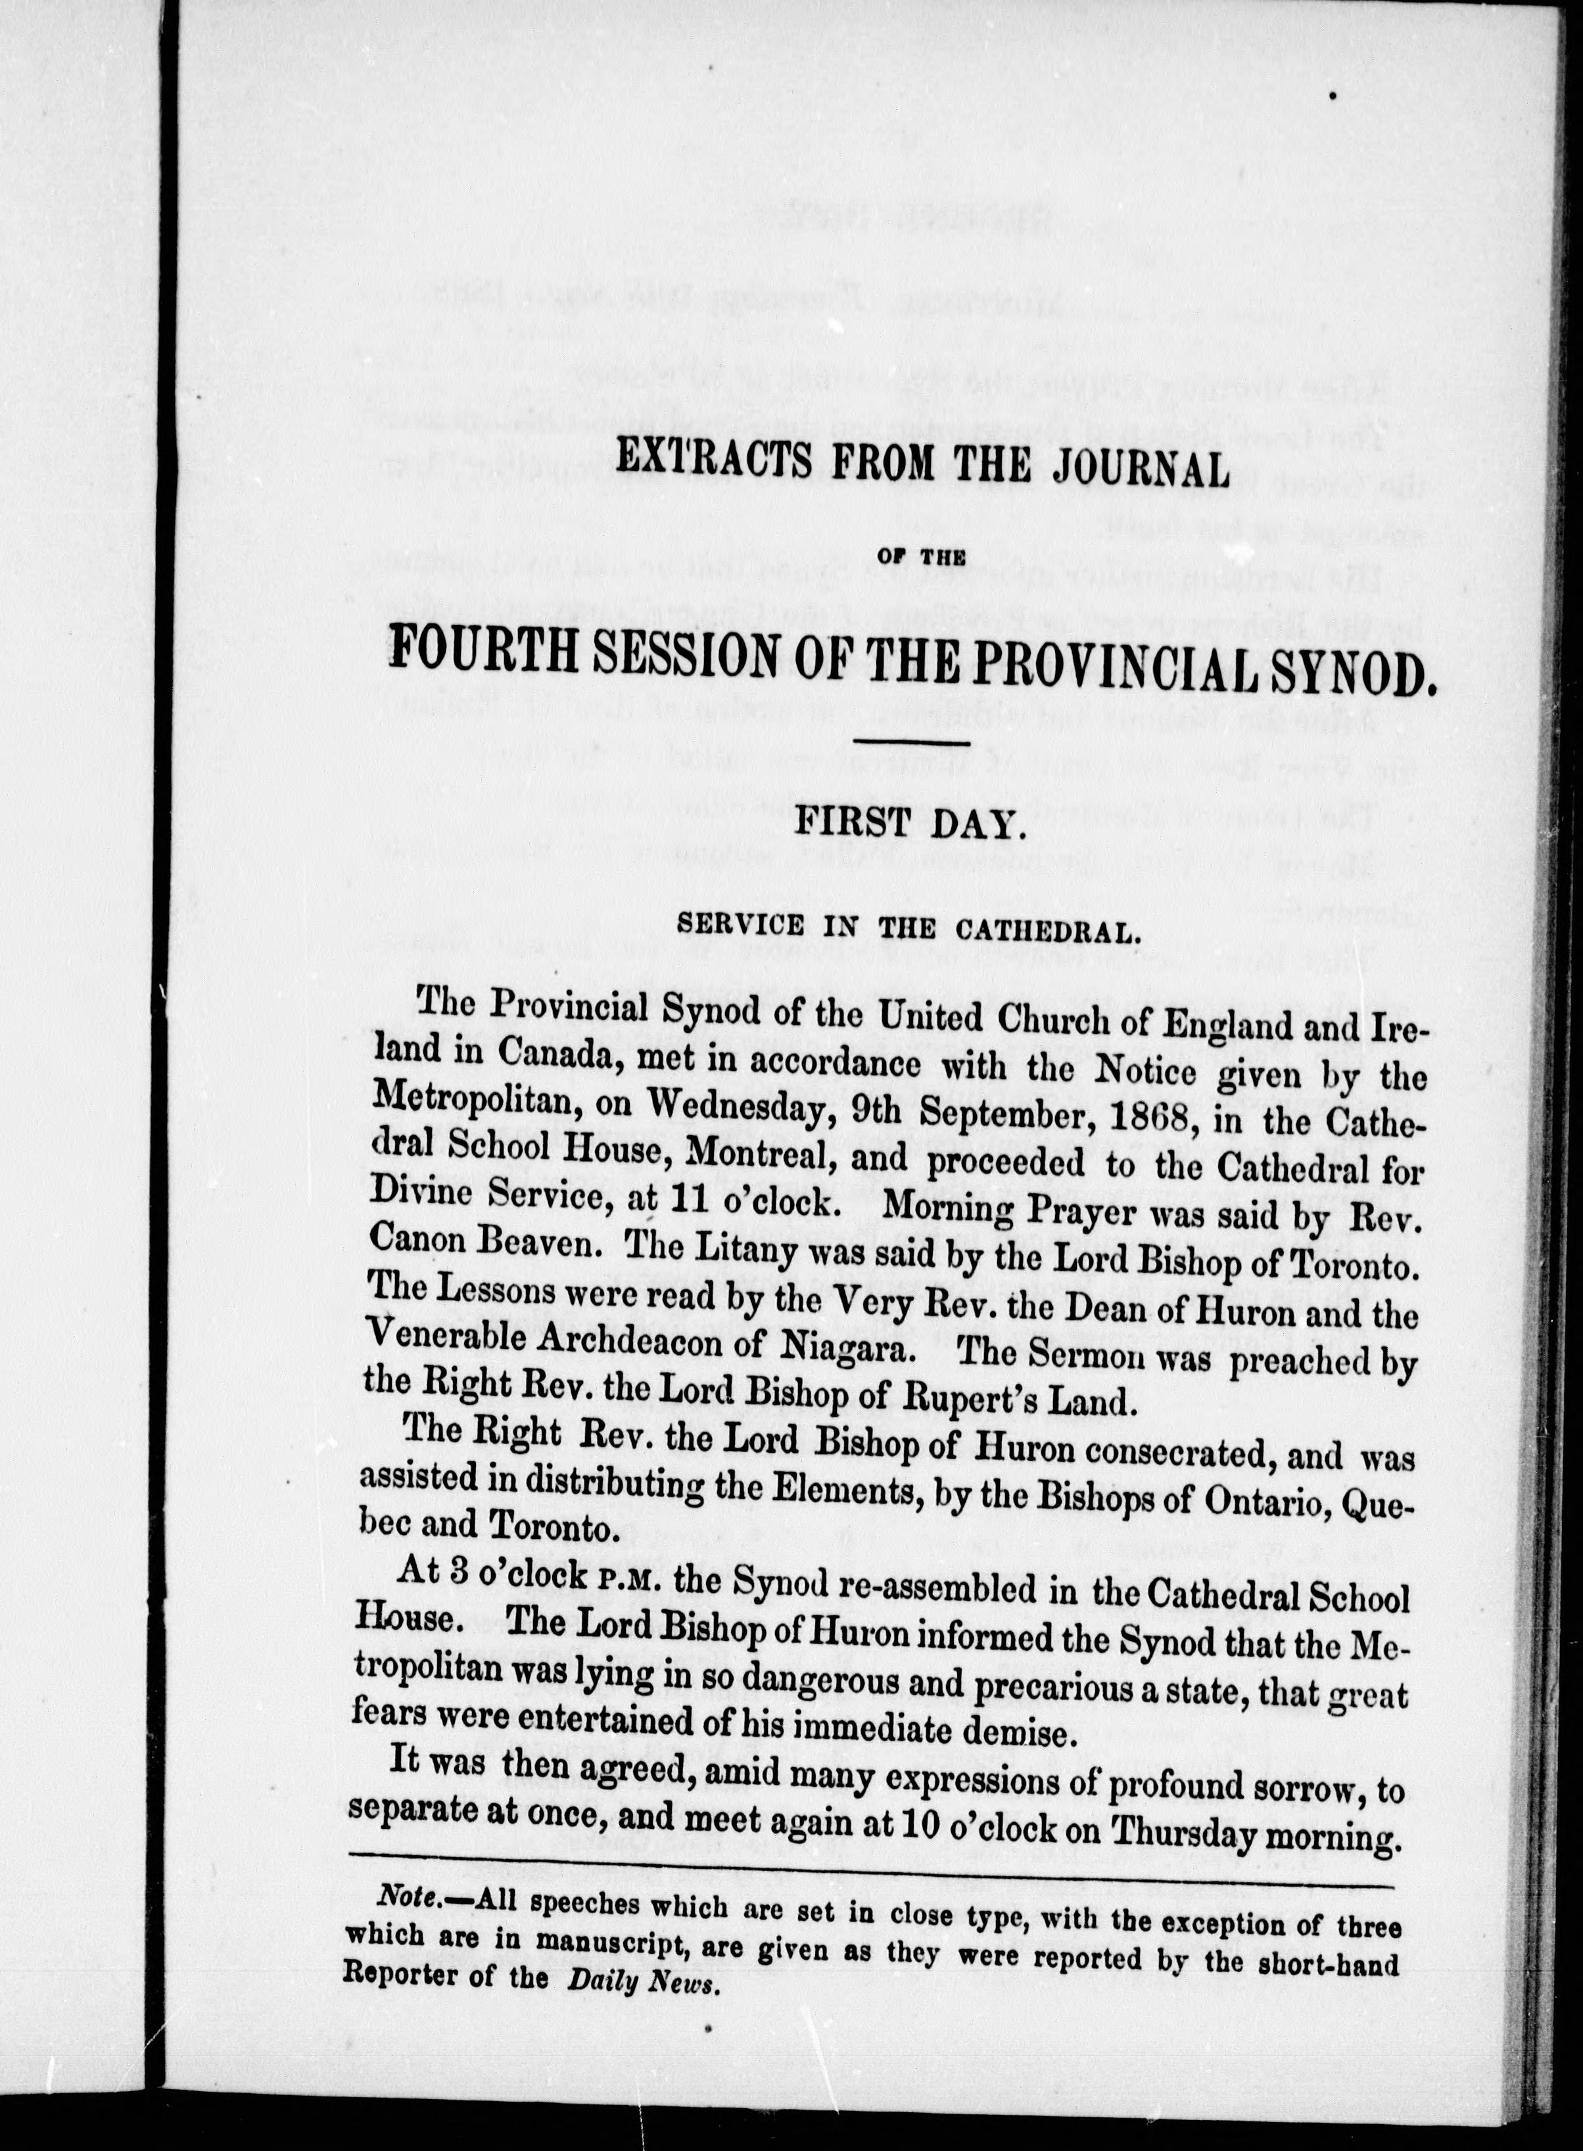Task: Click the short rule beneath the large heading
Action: [910, 743]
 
